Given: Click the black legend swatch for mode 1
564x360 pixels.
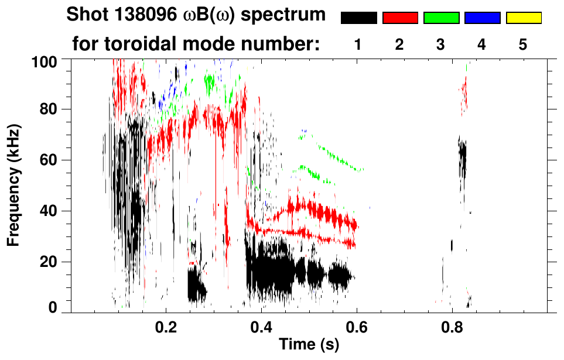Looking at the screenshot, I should coord(358,18).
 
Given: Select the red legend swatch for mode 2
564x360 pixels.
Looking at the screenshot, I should coord(400,18).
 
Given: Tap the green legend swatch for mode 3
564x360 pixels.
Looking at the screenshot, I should coord(441,18).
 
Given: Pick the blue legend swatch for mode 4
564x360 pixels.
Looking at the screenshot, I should coord(482,18).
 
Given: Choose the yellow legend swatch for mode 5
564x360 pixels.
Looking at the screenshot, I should coord(523,18).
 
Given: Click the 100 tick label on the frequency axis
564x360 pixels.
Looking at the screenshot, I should coord(44,61).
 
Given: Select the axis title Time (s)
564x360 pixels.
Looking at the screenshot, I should coord(309,345).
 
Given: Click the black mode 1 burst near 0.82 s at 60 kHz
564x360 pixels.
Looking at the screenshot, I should coord(463,155).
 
